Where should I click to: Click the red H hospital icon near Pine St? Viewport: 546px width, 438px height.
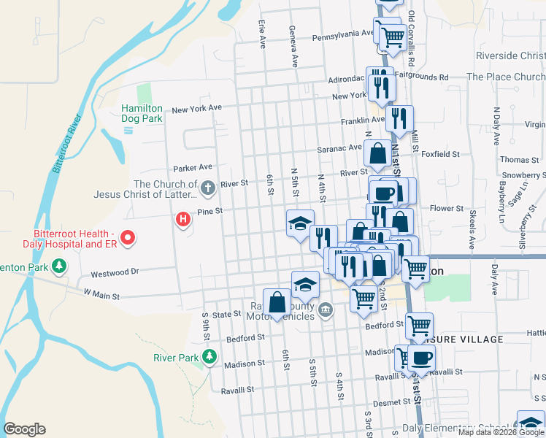183,218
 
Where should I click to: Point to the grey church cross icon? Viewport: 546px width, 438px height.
207,189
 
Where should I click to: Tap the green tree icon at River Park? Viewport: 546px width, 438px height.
210,357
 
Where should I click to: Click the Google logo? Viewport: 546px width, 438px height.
24,429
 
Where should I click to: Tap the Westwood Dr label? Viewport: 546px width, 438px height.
114,274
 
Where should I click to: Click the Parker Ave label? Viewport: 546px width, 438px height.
193,167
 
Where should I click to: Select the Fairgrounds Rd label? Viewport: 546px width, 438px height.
423,77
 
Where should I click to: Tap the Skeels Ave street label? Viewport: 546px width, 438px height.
472,229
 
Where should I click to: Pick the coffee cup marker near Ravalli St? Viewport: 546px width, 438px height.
421,358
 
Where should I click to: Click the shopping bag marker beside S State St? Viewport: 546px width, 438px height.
277,302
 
